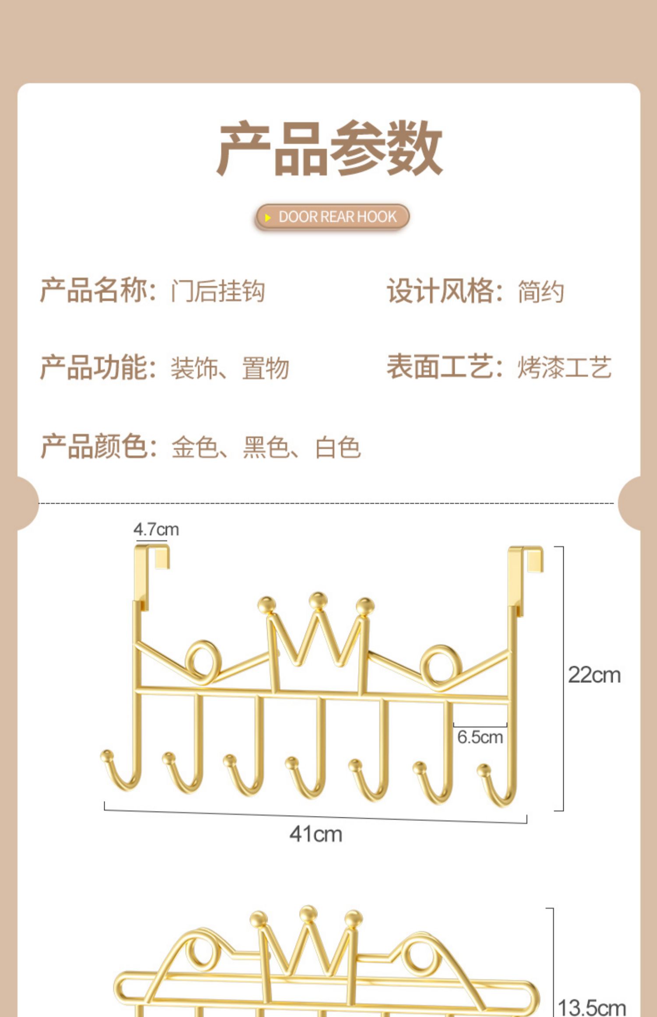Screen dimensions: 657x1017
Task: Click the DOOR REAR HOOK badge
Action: pyautogui.click(x=332, y=217)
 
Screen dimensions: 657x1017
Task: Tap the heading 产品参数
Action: pyautogui.click(x=329, y=149)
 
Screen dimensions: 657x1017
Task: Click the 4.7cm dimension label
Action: pyautogui.click(x=156, y=530)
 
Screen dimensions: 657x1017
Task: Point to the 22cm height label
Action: pyautogui.click(x=594, y=675)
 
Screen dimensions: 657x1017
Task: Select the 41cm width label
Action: pyautogui.click(x=315, y=834)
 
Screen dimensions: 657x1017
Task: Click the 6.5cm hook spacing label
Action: pyautogui.click(x=480, y=737)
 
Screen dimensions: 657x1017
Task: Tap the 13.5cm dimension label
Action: pyautogui.click(x=591, y=1007)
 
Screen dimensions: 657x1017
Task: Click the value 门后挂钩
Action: pyautogui.click(x=218, y=291)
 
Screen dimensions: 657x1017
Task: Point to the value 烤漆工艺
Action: pyautogui.click(x=564, y=367)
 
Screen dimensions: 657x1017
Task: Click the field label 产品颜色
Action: pyautogui.click(x=94, y=446)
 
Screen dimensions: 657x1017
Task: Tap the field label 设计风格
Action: pyautogui.click(x=440, y=291)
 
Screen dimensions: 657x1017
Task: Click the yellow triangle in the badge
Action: pyautogui.click(x=268, y=217)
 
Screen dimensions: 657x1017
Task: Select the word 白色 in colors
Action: pyautogui.click(x=338, y=447)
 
